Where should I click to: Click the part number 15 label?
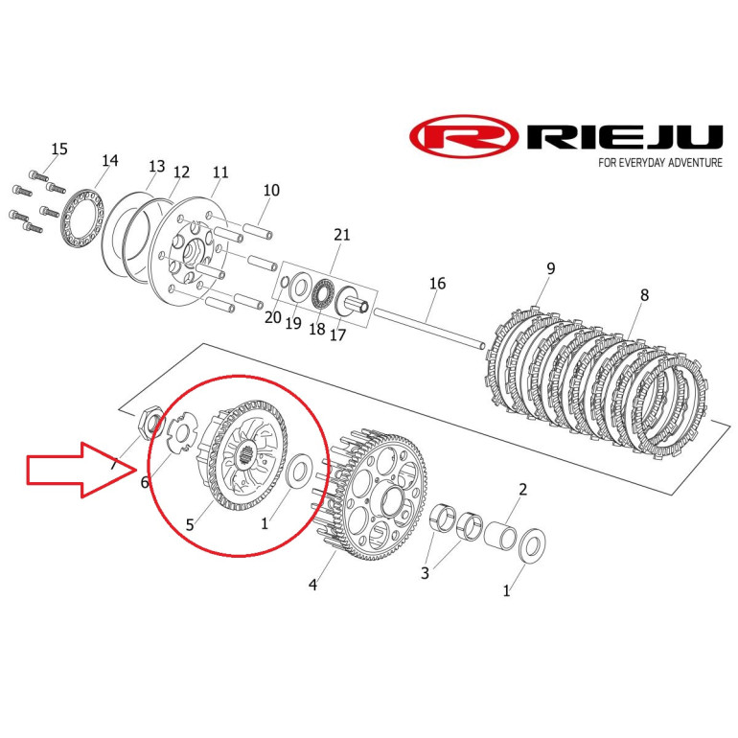click(x=59, y=150)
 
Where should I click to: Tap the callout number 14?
click(x=110, y=161)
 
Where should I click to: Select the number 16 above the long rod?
click(x=437, y=284)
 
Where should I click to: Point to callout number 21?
click(x=342, y=235)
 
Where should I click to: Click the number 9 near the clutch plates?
click(x=550, y=268)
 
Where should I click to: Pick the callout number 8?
click(x=644, y=295)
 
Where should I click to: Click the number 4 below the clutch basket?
click(x=313, y=585)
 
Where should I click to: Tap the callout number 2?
click(x=523, y=490)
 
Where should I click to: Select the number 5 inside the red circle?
click(x=190, y=525)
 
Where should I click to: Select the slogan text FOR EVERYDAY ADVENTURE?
click(x=659, y=163)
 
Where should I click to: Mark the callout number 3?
click(x=425, y=573)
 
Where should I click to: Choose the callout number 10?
click(x=271, y=190)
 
